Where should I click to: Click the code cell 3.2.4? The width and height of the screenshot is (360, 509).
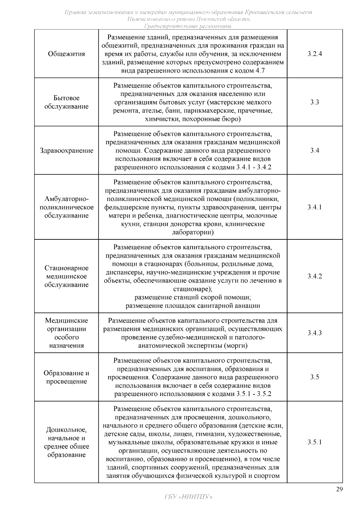314,54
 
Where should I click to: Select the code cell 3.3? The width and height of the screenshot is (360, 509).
314,102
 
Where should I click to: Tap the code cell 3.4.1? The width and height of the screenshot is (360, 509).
314,207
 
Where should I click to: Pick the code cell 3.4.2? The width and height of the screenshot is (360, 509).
314,276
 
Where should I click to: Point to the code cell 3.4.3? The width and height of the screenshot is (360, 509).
314,333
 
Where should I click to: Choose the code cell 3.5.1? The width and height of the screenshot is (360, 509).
314,442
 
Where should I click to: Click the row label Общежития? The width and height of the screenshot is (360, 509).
66,54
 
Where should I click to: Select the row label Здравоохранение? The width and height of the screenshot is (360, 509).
66,151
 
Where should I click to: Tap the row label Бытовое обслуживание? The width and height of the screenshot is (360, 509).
66,102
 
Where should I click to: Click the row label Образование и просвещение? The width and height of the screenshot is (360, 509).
66,377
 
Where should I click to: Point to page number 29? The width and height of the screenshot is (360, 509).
339,489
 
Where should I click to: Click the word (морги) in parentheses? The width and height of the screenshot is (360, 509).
236,346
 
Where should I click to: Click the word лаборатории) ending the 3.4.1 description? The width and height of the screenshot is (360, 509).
193,232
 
